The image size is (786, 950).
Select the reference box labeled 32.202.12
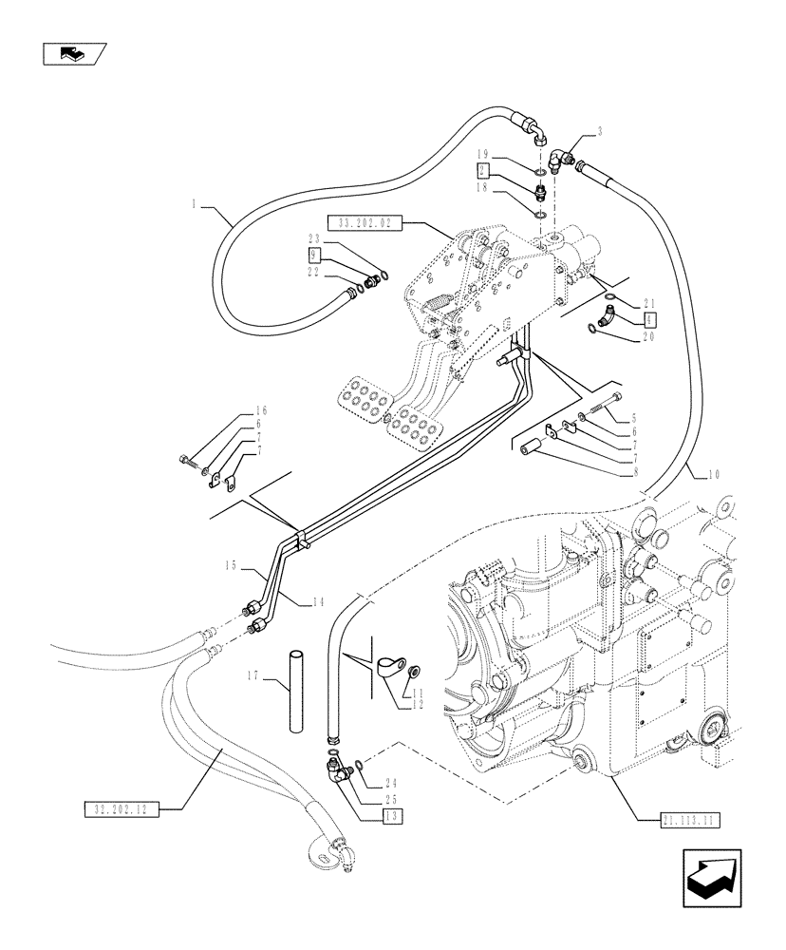pyautogui.click(x=119, y=809)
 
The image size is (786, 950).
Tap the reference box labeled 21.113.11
pyautogui.click(x=688, y=818)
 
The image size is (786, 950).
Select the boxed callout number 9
pyautogui.click(x=313, y=256)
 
